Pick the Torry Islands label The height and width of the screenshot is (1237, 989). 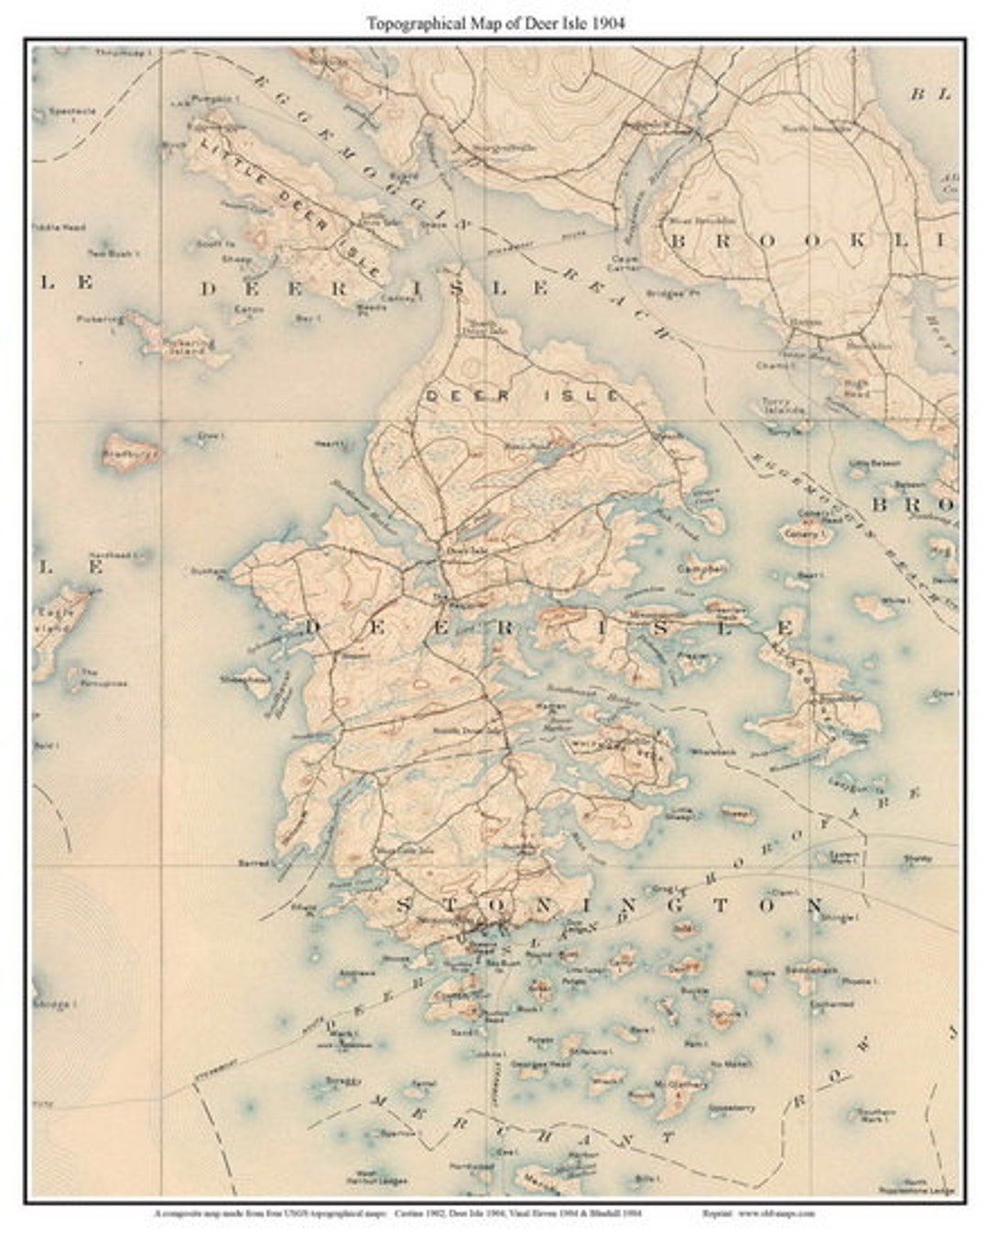782,406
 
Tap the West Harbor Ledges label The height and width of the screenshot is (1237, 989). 376,1176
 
